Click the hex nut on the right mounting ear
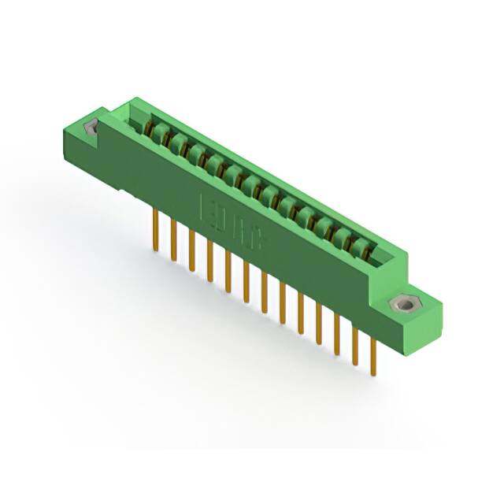[407, 303]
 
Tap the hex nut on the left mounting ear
[91, 128]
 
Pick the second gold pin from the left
[173, 241]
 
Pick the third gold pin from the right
[337, 334]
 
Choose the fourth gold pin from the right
[319, 324]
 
